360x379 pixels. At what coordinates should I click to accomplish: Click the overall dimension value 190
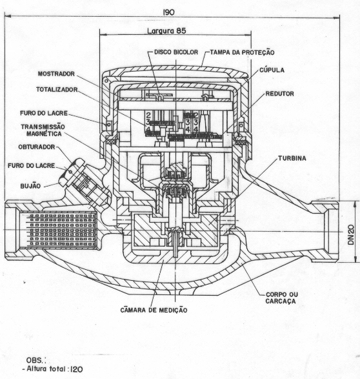pyautogui.click(x=168, y=12)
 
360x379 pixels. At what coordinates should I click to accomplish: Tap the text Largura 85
pyautogui.click(x=166, y=31)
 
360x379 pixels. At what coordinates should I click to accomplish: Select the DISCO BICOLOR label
pyautogui.click(x=176, y=52)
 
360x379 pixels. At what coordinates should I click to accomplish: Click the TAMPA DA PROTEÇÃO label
pyautogui.click(x=242, y=52)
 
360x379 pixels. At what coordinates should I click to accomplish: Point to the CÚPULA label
pyautogui.click(x=272, y=70)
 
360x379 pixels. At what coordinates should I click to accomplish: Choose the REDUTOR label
pyautogui.click(x=279, y=94)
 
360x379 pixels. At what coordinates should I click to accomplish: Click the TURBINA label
pyautogui.click(x=292, y=158)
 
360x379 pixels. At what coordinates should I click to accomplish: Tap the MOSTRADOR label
pyautogui.click(x=56, y=74)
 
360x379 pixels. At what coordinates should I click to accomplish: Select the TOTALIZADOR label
pyautogui.click(x=57, y=90)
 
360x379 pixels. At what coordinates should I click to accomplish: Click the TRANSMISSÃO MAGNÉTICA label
pyautogui.click(x=43, y=130)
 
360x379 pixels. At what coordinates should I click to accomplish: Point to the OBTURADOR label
pyautogui.click(x=37, y=147)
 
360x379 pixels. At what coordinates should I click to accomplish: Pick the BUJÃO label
pyautogui.click(x=30, y=186)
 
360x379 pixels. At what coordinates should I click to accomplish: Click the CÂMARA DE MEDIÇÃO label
pyautogui.click(x=154, y=310)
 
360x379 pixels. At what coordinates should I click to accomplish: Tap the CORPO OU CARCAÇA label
pyautogui.click(x=282, y=298)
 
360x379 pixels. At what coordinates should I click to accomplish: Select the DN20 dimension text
pyautogui.click(x=351, y=235)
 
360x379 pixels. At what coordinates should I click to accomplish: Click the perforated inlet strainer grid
pyautogui.click(x=58, y=231)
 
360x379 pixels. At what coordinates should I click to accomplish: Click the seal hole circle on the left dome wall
pyautogui.click(x=108, y=125)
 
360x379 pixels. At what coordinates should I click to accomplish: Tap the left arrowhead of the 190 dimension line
pyautogui.click(x=8, y=16)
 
